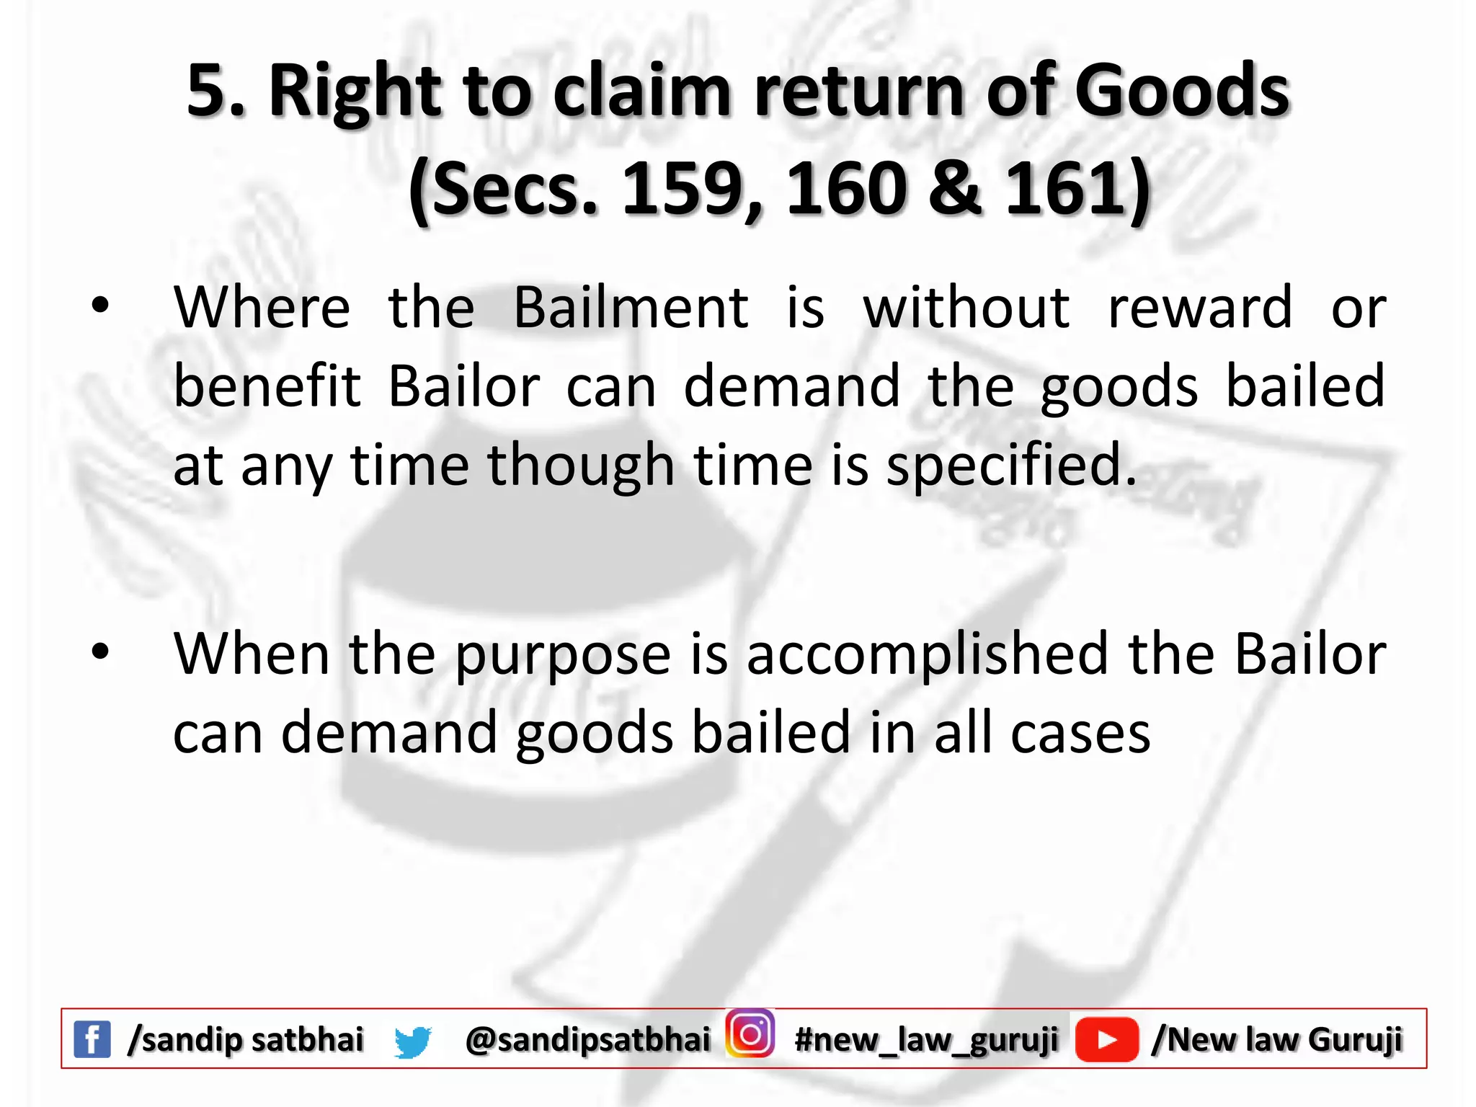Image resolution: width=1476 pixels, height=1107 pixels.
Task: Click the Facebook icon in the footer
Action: pos(92,1039)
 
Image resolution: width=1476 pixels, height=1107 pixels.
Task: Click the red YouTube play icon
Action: pos(1106,1039)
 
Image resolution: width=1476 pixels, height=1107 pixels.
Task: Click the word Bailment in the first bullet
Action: pos(631,308)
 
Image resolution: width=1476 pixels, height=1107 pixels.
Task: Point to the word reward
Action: pos(1200,308)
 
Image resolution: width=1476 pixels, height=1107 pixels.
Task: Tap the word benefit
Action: pos(267,386)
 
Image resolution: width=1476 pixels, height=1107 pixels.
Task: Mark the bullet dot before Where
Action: pos(100,306)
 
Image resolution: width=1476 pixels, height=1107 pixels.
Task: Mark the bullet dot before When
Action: pos(100,652)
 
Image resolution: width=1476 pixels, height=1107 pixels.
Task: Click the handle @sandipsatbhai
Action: pos(587,1040)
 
